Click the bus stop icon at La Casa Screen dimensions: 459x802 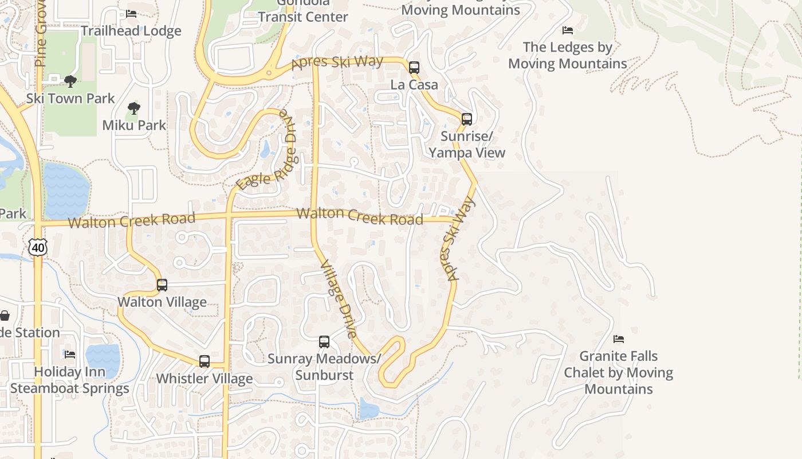pos(414,67)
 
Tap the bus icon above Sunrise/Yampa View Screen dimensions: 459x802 pos(467,119)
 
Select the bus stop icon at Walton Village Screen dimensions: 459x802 pos(162,285)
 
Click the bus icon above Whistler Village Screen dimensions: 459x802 pos(205,361)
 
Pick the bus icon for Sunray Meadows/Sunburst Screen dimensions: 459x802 pos(324,342)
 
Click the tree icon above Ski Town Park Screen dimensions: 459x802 pos(70,81)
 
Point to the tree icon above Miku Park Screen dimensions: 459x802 pos(134,108)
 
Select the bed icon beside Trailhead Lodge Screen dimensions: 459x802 pos(131,14)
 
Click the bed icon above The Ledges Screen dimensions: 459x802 pos(568,30)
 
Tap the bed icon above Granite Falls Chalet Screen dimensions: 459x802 pos(618,339)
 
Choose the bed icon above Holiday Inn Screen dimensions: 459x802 pos(70,354)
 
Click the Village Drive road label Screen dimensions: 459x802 pos(339,299)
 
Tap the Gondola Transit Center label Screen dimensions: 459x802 pos(302,11)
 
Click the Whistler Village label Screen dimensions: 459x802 pos(205,379)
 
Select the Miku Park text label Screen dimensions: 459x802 pos(134,125)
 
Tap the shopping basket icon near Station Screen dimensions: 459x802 pos(5,316)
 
